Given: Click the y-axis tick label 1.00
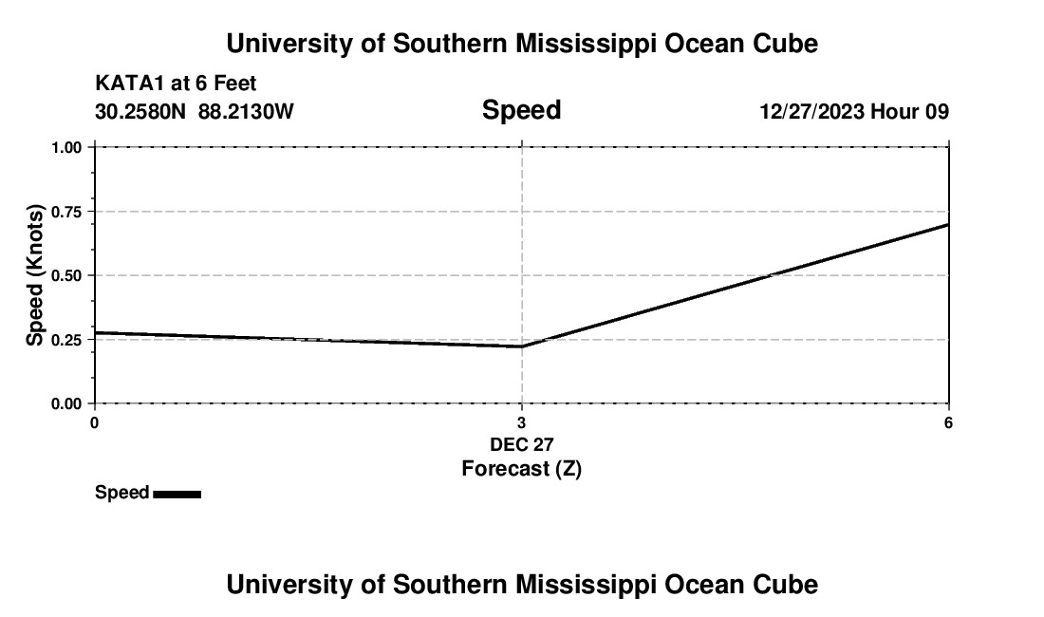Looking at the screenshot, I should click(x=66, y=147).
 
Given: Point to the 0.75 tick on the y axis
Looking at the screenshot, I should click(x=66, y=212).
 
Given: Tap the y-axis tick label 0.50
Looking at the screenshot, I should click(x=66, y=275).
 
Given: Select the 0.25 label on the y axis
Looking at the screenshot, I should click(x=66, y=340).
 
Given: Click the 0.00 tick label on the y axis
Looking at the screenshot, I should click(x=66, y=403).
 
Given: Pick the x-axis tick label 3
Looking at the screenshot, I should click(x=522, y=422).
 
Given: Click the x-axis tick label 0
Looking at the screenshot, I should click(x=94, y=422).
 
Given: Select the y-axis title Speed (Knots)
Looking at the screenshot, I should click(x=35, y=275).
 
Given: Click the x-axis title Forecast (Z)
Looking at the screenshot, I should click(x=521, y=468).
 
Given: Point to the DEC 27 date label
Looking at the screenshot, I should click(x=521, y=444).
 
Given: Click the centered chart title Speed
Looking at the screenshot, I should click(x=521, y=110).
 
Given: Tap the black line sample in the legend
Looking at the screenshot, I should click(x=177, y=494).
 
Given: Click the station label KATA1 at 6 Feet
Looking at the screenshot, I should click(x=176, y=84).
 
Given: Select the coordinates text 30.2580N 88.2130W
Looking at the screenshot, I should click(x=195, y=112).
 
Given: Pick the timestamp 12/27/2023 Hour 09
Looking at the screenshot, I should click(x=854, y=112).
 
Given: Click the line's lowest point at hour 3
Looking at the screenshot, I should click(x=522, y=346).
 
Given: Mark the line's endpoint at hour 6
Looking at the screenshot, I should click(x=948, y=224).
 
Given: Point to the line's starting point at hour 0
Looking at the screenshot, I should click(x=95, y=333).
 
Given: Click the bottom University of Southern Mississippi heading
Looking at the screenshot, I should click(x=521, y=585).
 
